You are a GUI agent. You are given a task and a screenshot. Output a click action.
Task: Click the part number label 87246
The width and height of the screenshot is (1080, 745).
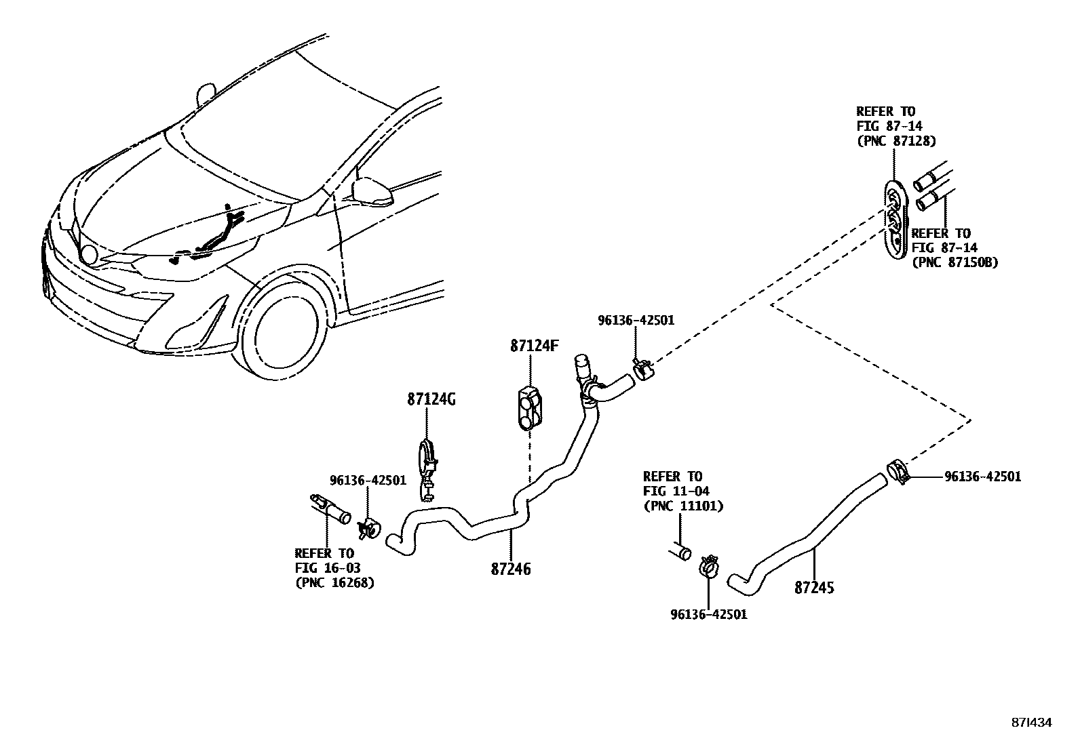tap(510, 569)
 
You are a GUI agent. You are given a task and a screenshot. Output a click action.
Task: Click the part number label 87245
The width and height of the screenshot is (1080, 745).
tap(814, 588)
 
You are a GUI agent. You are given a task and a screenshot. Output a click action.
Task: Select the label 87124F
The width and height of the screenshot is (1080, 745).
tap(534, 346)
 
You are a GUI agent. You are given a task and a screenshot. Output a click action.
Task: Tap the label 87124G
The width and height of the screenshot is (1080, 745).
tap(431, 400)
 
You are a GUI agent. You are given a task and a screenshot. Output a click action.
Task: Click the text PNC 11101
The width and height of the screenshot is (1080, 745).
tap(682, 506)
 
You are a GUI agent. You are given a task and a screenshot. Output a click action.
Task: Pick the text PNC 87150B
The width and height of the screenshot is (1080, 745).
tap(954, 262)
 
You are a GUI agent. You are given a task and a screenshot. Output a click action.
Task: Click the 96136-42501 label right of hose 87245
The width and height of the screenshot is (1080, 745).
tap(982, 477)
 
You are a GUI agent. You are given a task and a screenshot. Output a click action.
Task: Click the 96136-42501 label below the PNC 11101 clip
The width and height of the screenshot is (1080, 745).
tap(708, 615)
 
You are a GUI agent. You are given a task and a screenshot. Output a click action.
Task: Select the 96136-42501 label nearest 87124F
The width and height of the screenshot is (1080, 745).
tap(636, 320)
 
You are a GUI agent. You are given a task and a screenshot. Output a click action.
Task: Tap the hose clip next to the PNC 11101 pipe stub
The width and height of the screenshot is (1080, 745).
tap(708, 565)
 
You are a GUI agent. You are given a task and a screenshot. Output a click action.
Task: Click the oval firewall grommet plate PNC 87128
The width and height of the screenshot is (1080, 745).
tap(895, 218)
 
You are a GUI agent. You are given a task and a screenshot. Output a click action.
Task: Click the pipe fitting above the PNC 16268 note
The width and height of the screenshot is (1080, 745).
tap(330, 508)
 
